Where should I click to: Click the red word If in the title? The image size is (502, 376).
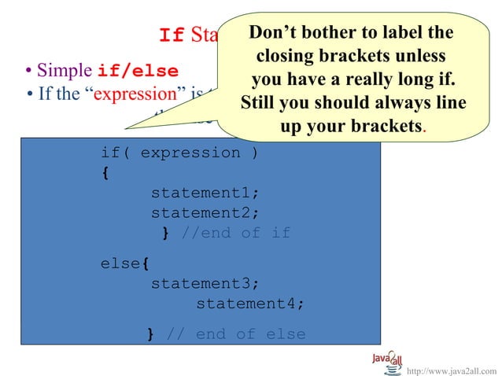click(x=172, y=35)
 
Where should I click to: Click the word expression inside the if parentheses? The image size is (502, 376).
click(x=190, y=153)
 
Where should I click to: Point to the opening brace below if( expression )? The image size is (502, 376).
click(x=105, y=173)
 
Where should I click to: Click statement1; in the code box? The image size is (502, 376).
click(x=205, y=193)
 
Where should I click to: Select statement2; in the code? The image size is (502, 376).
click(x=205, y=212)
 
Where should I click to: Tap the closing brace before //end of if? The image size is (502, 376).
click(x=166, y=233)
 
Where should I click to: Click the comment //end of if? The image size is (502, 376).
click(x=235, y=233)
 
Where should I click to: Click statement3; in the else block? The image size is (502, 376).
click(x=205, y=283)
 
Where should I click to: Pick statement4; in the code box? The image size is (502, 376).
click(x=249, y=304)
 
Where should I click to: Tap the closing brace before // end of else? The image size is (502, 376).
click(x=151, y=334)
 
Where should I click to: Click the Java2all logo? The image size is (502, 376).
click(x=387, y=361)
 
